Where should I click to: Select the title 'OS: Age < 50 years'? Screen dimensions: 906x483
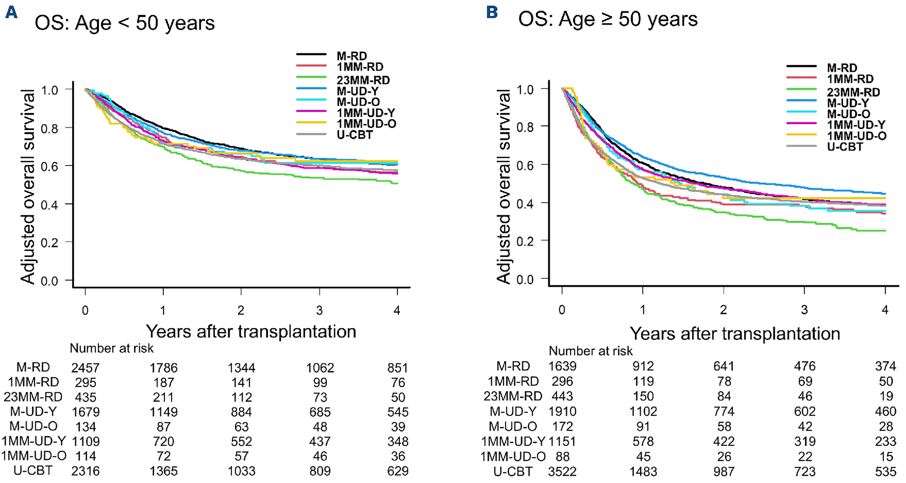click(125, 24)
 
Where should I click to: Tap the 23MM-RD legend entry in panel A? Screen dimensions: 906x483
click(343, 80)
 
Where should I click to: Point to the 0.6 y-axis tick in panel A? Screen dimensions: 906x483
click(50, 166)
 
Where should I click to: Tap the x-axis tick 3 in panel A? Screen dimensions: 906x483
click(319, 310)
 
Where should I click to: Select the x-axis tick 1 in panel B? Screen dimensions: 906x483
click(643, 309)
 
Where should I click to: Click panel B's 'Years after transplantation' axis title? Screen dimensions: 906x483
click(735, 333)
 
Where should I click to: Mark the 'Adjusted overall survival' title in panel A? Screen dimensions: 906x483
click(28, 187)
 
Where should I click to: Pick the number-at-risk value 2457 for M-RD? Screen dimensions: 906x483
click(86, 368)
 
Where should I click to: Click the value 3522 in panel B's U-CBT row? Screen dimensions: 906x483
click(562, 471)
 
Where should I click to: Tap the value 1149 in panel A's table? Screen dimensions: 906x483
click(164, 412)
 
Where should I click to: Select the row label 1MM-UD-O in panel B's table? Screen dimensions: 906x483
click(513, 456)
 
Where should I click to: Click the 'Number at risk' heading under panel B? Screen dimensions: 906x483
click(591, 351)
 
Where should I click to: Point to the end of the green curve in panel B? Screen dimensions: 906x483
click(885, 231)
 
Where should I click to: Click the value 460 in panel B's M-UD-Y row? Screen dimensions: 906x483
click(886, 411)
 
